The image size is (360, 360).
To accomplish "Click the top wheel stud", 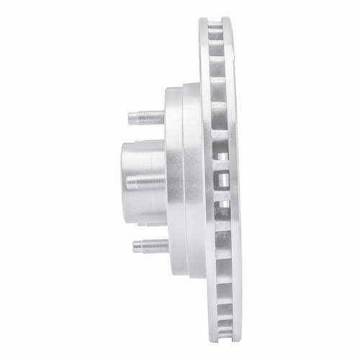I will (x=147, y=116).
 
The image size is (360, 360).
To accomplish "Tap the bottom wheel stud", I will (x=150, y=245).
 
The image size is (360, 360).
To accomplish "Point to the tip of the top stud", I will (x=130, y=116).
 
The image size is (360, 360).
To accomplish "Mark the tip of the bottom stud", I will (x=135, y=246).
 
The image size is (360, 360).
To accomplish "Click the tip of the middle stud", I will (x=128, y=181).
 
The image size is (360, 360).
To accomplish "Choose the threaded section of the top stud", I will (x=144, y=116).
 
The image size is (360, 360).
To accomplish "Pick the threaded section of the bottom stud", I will (x=148, y=245).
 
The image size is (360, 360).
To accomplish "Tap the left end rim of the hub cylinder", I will (x=122, y=180).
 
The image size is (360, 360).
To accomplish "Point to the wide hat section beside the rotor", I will (x=192, y=180).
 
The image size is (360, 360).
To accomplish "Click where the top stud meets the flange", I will (x=165, y=116).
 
